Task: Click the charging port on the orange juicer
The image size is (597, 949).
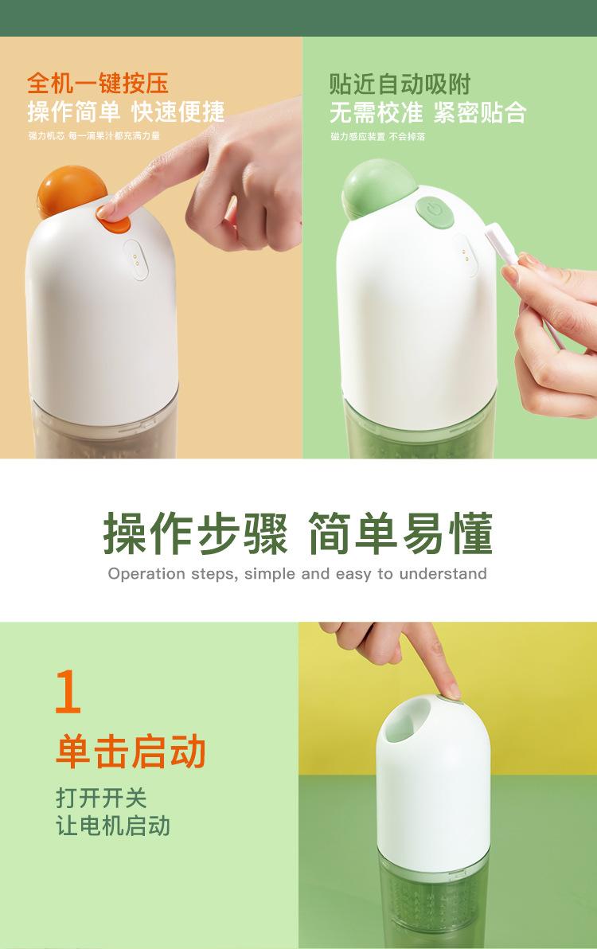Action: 136,260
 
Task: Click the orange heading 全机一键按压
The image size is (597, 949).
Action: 98,84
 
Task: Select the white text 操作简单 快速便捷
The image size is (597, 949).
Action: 126,111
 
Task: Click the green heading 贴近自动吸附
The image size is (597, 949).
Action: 400,84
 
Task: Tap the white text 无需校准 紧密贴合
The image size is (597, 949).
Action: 427,111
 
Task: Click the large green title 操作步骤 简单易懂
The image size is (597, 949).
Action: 298,533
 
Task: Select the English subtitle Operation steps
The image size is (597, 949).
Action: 298,573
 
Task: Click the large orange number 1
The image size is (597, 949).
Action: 68,693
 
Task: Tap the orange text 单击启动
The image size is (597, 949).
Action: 131,752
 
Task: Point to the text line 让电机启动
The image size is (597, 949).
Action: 113,825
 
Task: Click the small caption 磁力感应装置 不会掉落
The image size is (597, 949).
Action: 377,136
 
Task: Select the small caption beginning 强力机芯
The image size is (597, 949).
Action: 94,136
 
